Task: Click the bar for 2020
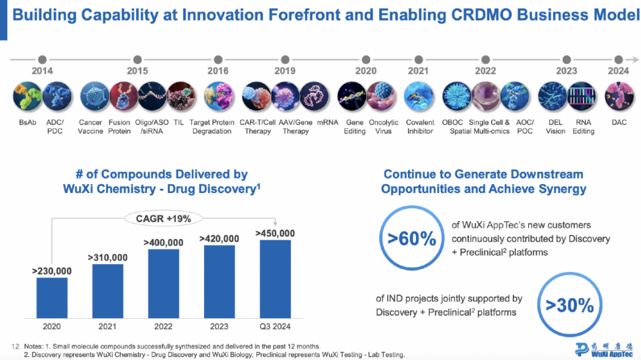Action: point(52,297)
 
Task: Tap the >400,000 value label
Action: point(163,243)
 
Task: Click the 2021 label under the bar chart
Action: point(107,327)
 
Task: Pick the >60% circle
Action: point(412,239)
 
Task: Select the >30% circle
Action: point(570,305)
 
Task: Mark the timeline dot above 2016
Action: point(218,59)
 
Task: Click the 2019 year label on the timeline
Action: point(284,71)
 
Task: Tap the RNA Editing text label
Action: point(583,127)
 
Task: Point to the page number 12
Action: point(16,346)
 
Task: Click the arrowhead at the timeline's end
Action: point(635,59)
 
